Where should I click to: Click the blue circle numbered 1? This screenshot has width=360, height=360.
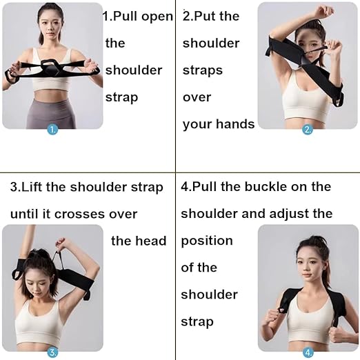tap(52, 128)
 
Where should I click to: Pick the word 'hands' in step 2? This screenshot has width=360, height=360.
tap(237, 125)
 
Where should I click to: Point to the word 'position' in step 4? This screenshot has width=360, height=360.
tap(207, 241)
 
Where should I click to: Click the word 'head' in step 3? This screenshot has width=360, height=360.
tap(152, 241)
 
